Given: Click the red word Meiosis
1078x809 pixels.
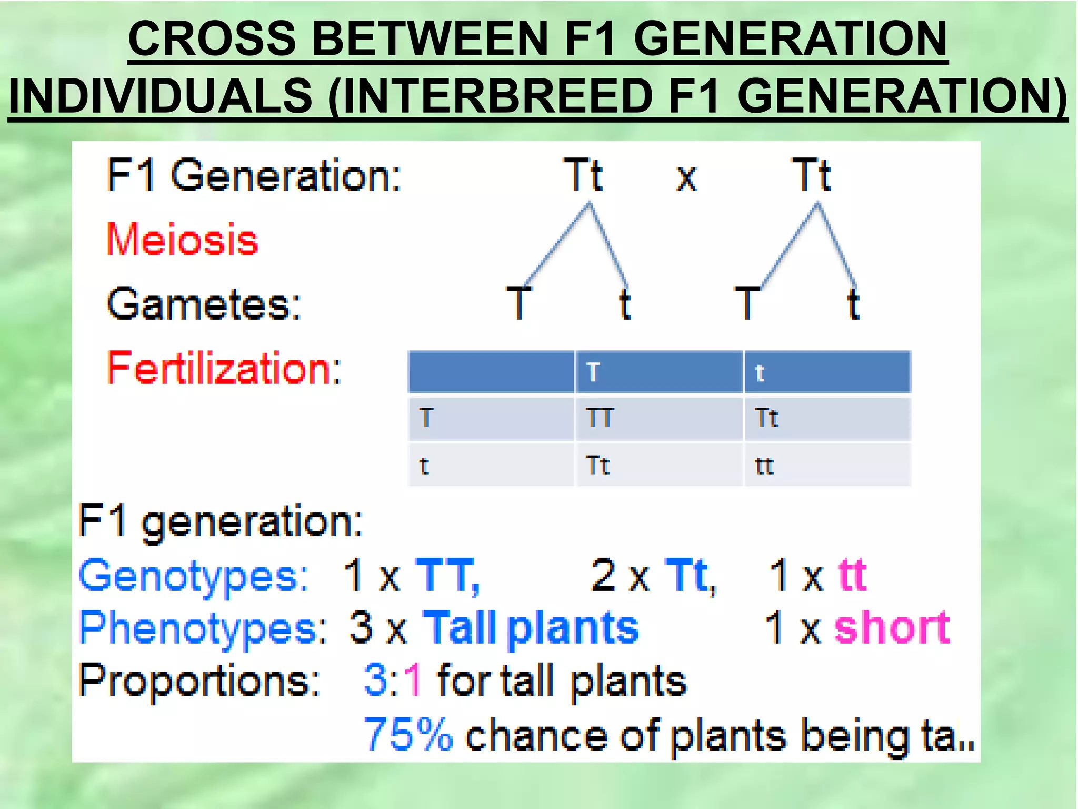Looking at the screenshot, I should (182, 240).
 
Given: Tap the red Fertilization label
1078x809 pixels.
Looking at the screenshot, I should (224, 368).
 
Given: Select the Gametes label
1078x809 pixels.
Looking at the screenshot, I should (204, 304).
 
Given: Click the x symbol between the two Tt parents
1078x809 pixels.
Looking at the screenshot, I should (686, 178).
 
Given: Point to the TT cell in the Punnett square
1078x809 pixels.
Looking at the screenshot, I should (600, 418).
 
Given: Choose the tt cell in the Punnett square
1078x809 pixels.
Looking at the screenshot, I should (764, 466).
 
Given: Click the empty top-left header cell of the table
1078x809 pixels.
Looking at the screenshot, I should (491, 372).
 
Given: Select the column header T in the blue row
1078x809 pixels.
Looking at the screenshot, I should (593, 372).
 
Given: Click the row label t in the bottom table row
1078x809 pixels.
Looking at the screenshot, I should (424, 466).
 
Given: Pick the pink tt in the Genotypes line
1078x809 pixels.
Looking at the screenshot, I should (852, 575).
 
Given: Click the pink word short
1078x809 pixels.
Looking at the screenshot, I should (892, 628).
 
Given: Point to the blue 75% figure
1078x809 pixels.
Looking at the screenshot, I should (408, 734).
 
